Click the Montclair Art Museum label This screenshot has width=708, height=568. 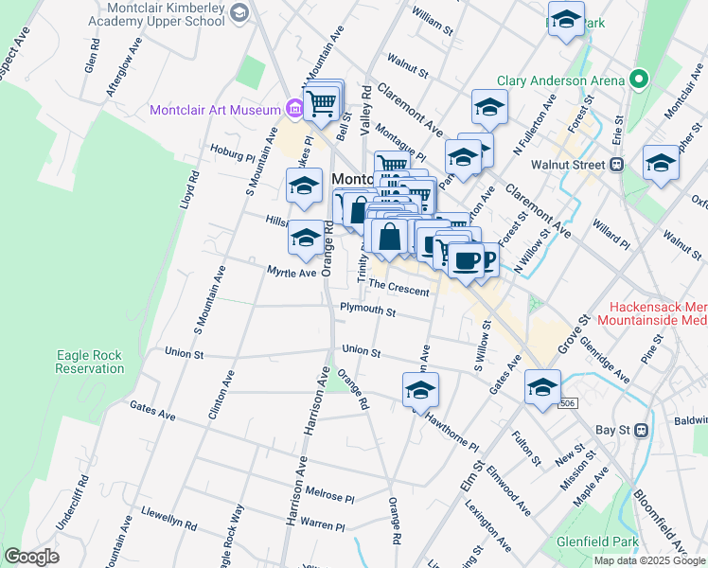click(215, 110)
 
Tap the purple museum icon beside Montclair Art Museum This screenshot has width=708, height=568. click(294, 110)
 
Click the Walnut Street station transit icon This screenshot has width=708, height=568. click(617, 165)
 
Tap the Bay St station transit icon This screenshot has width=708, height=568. click(640, 429)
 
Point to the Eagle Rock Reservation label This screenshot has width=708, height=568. click(89, 362)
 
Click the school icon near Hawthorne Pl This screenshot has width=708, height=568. click(421, 389)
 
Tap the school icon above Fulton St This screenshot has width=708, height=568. click(543, 387)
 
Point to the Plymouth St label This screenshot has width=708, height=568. click(367, 310)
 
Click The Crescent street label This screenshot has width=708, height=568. click(398, 287)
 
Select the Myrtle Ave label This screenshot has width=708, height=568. click(291, 272)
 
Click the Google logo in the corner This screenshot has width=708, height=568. click(31, 557)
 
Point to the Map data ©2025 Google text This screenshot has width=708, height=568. click(648, 560)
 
